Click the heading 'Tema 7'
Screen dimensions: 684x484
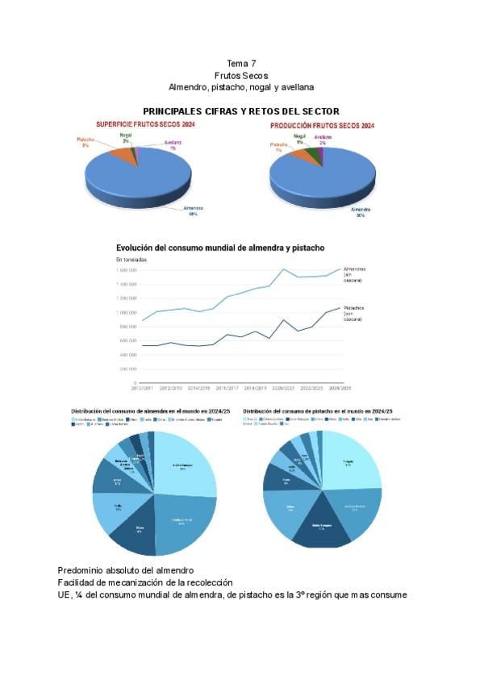pos(241,63)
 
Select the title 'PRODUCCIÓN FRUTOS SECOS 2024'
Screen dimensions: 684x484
pos(322,126)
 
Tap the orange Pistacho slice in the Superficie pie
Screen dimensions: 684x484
pos(119,152)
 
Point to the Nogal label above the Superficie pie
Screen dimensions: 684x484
pos(125,136)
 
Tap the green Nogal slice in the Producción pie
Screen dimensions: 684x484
pos(311,152)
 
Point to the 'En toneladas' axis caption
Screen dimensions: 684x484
pos(133,260)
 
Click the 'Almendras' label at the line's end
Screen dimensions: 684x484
pos(354,269)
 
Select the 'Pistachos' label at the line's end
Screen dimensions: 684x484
pos(354,307)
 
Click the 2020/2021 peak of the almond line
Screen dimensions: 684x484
pos(284,269)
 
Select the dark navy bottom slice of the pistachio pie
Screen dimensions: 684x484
pos(321,528)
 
